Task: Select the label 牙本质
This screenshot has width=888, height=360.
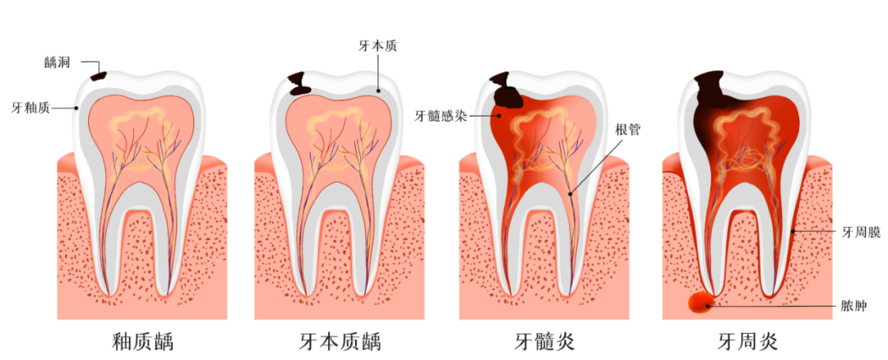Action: [x=377, y=46]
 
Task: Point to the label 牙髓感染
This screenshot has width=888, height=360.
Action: [x=440, y=116]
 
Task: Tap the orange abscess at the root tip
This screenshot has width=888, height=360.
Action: [x=701, y=304]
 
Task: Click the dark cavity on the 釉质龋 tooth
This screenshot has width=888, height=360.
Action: [x=99, y=75]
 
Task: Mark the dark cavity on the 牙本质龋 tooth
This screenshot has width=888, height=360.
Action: [x=300, y=83]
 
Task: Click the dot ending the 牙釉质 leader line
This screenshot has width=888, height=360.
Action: [x=77, y=108]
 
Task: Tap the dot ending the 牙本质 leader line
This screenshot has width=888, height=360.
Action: [x=377, y=90]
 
